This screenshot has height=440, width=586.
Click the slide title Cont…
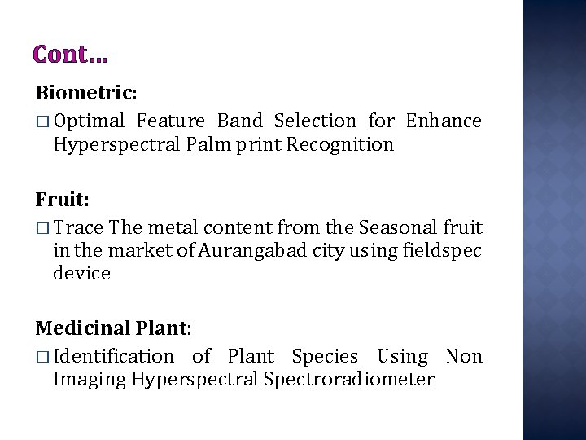pyautogui.click(x=70, y=55)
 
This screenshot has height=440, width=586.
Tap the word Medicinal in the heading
pyautogui.click(x=78, y=328)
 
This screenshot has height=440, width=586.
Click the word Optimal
pyautogui.click(x=90, y=121)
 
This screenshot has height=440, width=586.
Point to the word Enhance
pyautogui.click(x=444, y=121)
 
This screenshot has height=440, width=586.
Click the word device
pyautogui.click(x=81, y=274)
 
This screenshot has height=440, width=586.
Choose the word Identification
pyautogui.click(x=113, y=357)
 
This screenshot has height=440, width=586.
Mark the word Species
pyautogui.click(x=325, y=357)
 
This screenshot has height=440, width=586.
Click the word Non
pyautogui.click(x=464, y=357)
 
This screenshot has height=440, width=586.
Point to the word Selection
pyautogui.click(x=315, y=121)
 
